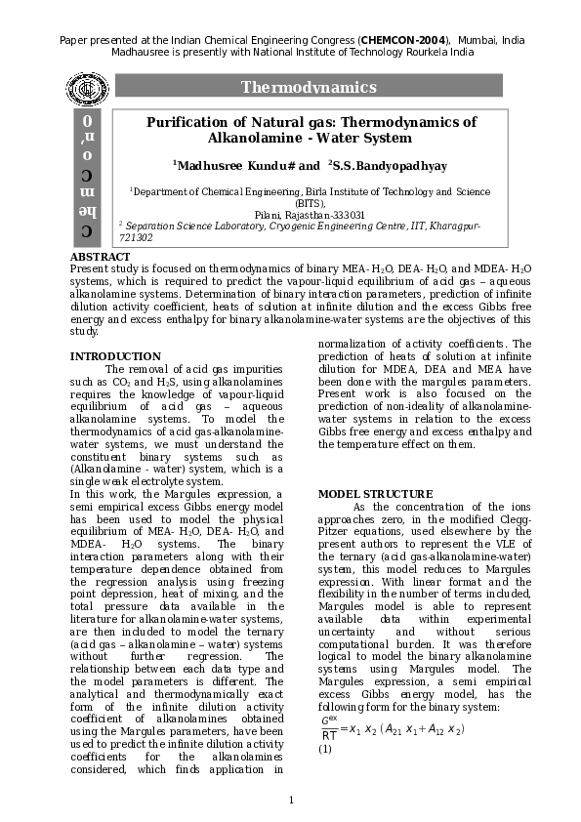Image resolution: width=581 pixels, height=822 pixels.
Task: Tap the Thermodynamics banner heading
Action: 309,88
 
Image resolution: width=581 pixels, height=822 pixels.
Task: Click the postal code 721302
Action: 136,237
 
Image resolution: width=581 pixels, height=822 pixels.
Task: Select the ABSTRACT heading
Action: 100,257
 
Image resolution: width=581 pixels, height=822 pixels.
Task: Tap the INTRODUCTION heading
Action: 115,356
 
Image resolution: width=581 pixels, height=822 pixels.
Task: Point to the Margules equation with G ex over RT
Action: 392,729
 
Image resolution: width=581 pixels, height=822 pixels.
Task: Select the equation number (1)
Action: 326,749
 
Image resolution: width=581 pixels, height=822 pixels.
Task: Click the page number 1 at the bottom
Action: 291,801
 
